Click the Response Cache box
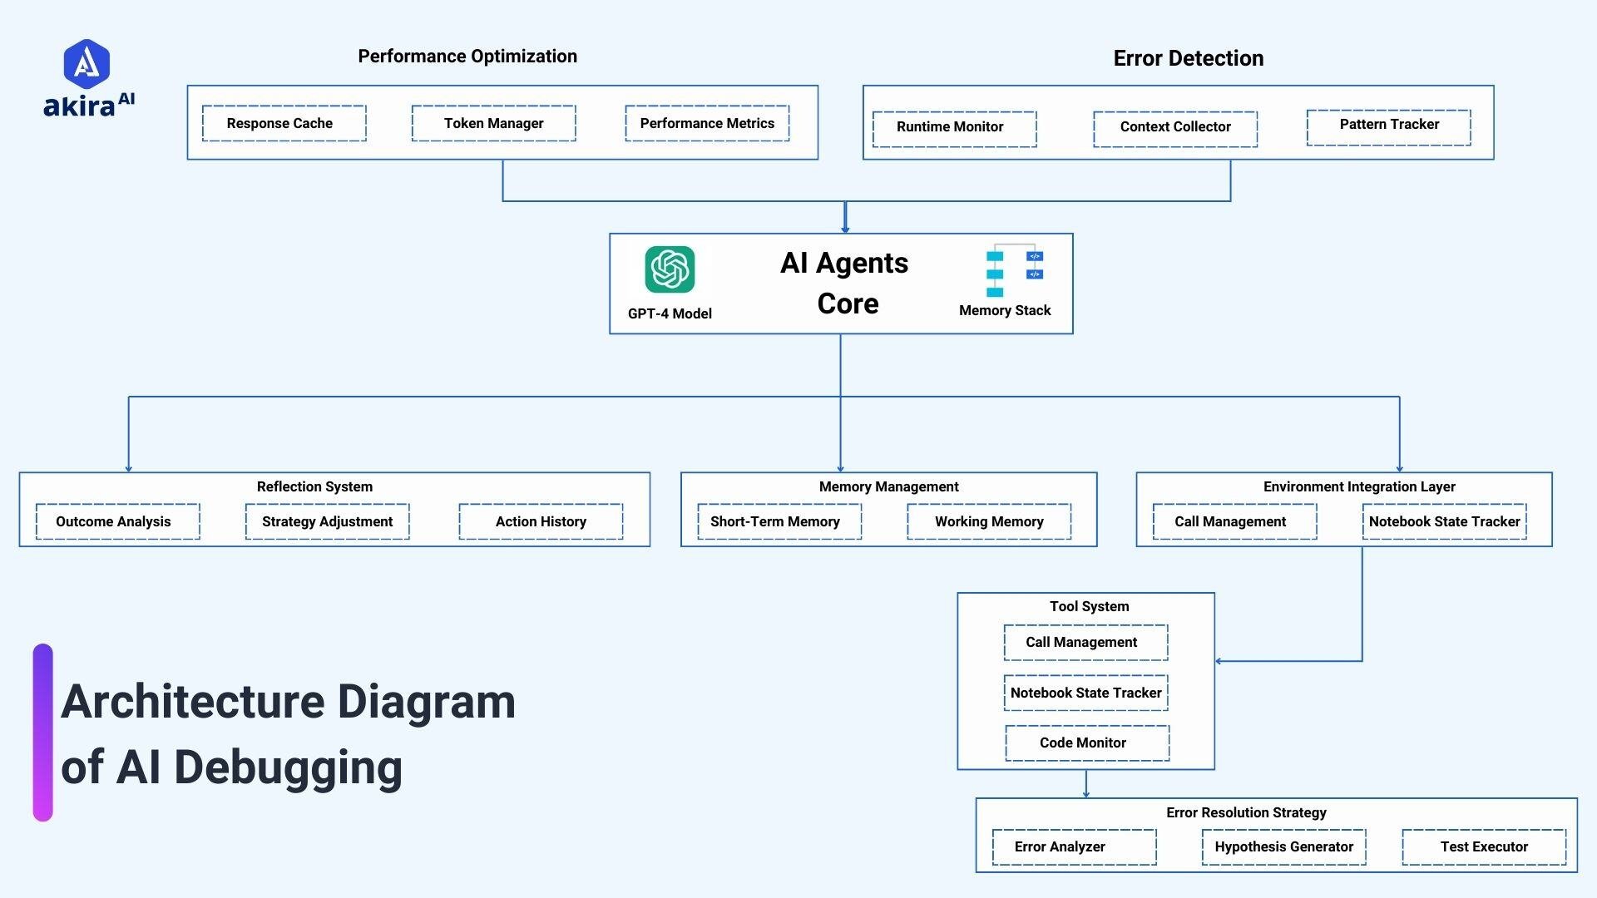click(284, 123)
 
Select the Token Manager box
click(493, 123)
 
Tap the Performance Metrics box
click(707, 123)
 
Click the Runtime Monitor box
click(954, 129)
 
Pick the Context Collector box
click(1174, 129)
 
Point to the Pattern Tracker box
click(1388, 126)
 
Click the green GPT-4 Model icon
click(670, 269)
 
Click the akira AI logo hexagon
click(87, 64)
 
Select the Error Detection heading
click(1188, 58)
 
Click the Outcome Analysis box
click(117, 521)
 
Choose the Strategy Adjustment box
click(327, 521)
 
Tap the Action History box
click(541, 521)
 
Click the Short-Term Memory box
click(779, 521)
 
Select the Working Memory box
click(988, 521)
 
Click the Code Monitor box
click(1086, 743)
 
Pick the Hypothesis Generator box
click(1283, 846)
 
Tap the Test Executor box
click(1484, 846)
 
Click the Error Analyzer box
click(1074, 846)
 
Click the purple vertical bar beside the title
click(43, 732)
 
